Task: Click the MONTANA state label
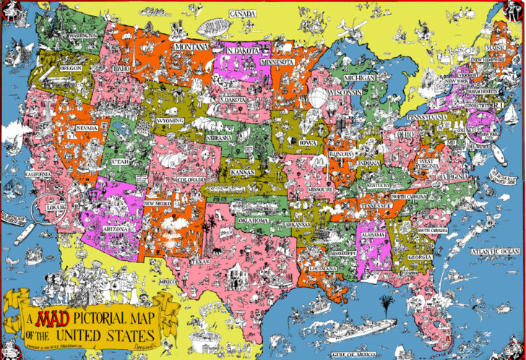coord(191,47)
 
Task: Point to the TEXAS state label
coord(201,260)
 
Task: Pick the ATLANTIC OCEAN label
coord(495,252)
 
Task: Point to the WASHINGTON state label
coord(83,35)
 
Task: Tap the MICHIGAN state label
coord(358,77)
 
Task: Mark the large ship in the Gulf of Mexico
coord(359,330)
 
